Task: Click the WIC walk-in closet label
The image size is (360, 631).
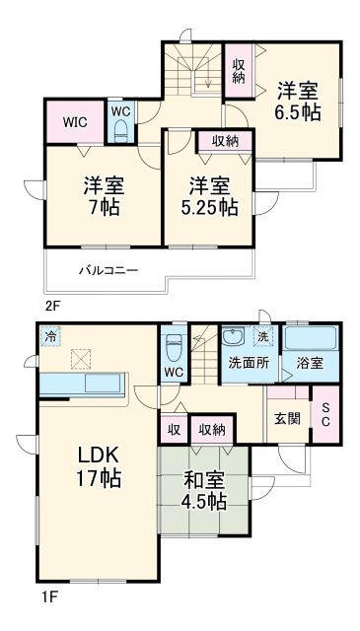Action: pyautogui.click(x=75, y=122)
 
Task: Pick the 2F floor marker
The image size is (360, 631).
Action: pyautogui.click(x=52, y=306)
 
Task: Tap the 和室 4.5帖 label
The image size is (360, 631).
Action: pyautogui.click(x=204, y=489)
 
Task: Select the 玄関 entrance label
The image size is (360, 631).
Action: pyautogui.click(x=286, y=417)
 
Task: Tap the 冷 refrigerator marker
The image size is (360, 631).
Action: pyautogui.click(x=50, y=337)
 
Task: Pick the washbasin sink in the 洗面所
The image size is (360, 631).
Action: pyautogui.click(x=234, y=336)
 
